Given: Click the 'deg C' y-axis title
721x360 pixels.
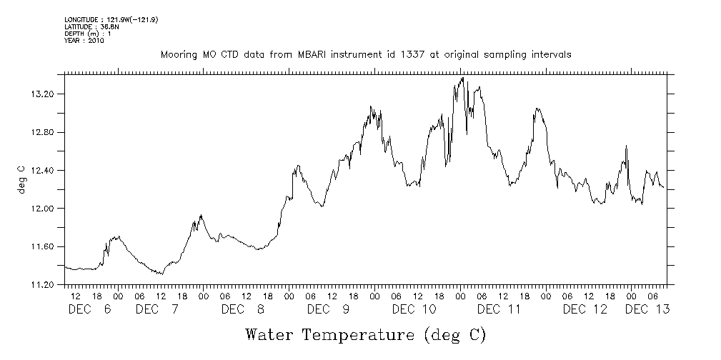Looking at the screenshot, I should click(21, 179).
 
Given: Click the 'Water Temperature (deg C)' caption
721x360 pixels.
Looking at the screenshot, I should click(366, 334).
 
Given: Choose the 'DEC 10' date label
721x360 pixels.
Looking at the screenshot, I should click(414, 309).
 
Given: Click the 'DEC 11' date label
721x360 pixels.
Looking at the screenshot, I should click(499, 309).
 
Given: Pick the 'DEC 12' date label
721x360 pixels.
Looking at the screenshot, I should click(585, 309).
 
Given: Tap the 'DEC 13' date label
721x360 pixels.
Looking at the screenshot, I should click(647, 309).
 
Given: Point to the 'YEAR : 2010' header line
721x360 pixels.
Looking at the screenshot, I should click(84, 41).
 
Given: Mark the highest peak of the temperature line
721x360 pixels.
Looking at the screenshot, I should click(463, 78).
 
